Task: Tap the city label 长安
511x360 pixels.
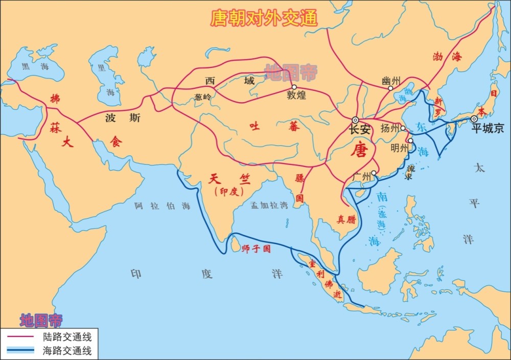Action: point(359,130)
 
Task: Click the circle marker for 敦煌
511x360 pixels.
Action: point(294,87)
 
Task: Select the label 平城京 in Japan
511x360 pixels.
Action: point(488,129)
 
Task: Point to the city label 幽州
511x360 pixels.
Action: point(391,80)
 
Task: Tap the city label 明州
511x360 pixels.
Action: point(399,148)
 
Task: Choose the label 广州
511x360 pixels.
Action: point(362,177)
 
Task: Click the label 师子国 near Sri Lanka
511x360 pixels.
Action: point(255,249)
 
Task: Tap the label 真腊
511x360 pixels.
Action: point(346,219)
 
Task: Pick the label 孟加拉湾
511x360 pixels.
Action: point(269,205)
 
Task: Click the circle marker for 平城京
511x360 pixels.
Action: point(474,119)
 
